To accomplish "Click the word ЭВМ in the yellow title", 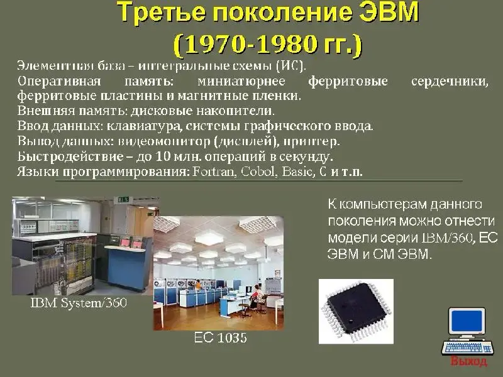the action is pyautogui.click(x=389, y=12).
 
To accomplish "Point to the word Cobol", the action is pyautogui.click(x=258, y=172).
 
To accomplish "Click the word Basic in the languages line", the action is pyautogui.click(x=297, y=172).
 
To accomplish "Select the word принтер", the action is pyautogui.click(x=311, y=141).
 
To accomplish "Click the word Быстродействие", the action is pyautogui.click(x=70, y=156).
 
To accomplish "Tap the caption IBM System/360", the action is pyautogui.click(x=79, y=303).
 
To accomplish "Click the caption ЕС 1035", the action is pyautogui.click(x=221, y=337).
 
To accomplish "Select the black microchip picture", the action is pyautogui.click(x=356, y=311).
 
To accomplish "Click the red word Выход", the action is pyautogui.click(x=468, y=361).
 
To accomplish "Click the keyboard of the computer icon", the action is pyautogui.click(x=467, y=347).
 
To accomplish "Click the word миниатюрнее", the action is pyautogui.click(x=241, y=81).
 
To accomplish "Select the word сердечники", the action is pyautogui.click(x=450, y=82).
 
